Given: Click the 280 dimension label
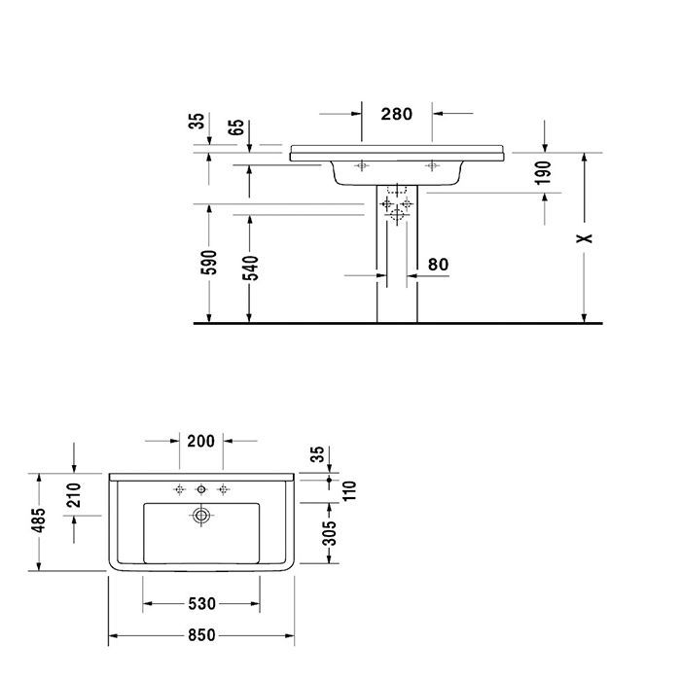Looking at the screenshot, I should point(397,114).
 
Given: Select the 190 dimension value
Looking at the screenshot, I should point(544,173).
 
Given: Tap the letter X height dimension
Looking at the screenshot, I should point(584,236).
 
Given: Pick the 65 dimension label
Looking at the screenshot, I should point(237,127).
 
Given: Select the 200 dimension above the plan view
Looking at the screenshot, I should point(199,441).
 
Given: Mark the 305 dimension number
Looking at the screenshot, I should point(331,532).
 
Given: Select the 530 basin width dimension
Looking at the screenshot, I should point(200,605).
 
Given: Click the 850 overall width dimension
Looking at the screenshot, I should point(199,636).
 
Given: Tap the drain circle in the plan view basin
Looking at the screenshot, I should point(201,516).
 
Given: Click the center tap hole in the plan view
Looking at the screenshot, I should point(201,488).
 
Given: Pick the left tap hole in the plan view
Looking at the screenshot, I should point(179,488).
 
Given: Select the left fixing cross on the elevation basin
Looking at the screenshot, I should point(363,165).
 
